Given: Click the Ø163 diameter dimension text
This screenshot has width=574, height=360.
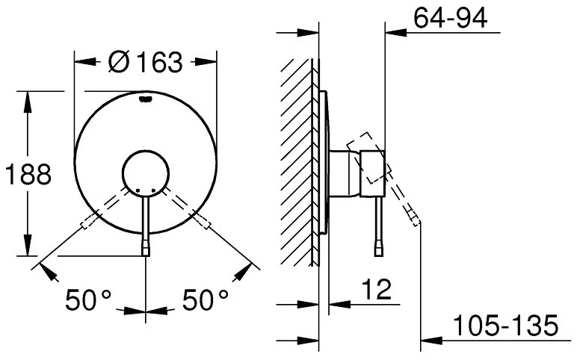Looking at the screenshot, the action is click(145, 61).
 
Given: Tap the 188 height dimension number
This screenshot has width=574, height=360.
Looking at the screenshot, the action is click(28, 174).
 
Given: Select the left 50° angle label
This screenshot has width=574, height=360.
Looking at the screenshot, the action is click(88, 300).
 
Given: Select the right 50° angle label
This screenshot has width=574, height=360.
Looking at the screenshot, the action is click(206, 300).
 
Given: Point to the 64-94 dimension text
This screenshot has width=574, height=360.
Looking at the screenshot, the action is click(450, 18).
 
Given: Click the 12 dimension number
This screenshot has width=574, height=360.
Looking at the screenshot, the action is click(377, 289).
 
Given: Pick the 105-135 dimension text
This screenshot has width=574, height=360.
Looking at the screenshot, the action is click(505, 325).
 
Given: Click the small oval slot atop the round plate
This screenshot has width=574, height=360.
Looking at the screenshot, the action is click(145, 98).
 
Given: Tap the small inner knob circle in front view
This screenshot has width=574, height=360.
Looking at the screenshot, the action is click(146, 174).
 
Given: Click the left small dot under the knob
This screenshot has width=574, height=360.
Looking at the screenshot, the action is click(138, 190).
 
